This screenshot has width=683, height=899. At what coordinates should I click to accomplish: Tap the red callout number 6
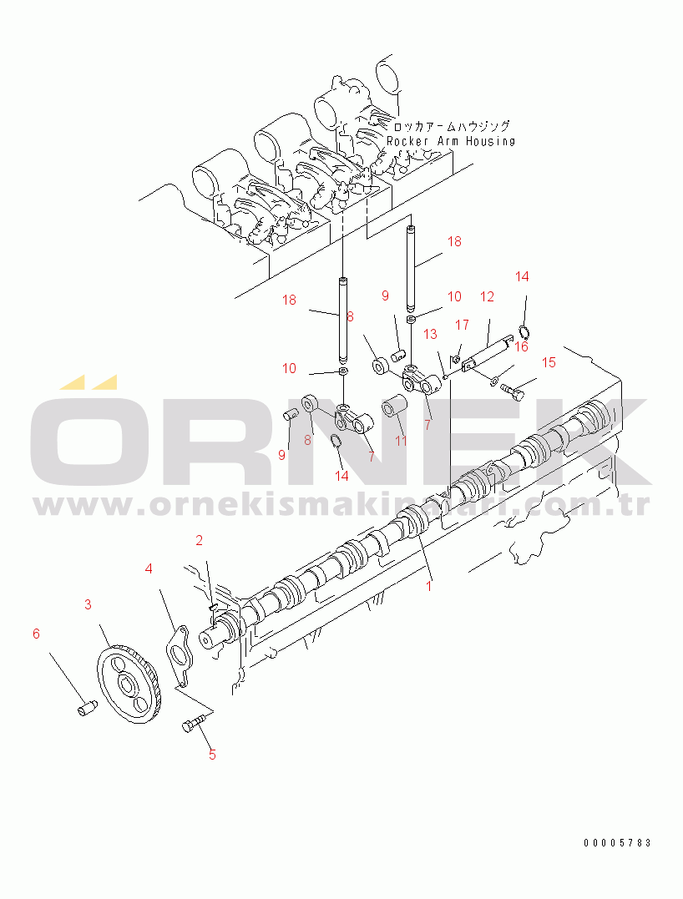pos(36,634)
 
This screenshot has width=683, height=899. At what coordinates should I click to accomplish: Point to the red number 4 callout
pos(149,569)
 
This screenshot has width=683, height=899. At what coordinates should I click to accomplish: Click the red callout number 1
pos(429,586)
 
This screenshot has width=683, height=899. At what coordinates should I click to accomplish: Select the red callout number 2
pos(200,540)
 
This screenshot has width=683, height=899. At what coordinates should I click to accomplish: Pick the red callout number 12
pos(487,296)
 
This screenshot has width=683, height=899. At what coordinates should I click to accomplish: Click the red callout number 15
pos(549,362)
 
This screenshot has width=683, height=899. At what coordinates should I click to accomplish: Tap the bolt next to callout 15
pos(514,388)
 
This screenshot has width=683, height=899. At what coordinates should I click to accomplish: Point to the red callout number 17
pos(462,325)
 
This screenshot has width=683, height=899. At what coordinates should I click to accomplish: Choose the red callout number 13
pos(430,334)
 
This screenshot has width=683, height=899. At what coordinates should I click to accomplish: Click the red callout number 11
pos(401,440)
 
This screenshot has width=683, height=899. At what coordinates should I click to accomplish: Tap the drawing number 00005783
pos(617,843)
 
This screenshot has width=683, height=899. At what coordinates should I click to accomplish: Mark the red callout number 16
pos(521,346)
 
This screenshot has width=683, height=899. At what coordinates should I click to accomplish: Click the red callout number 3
pos(89,604)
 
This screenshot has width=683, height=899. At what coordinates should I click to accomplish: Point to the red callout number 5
pos(212,755)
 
